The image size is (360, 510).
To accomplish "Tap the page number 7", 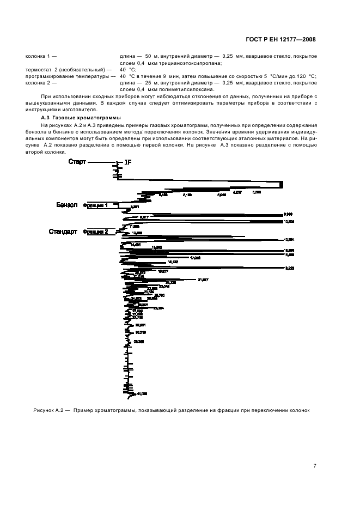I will (315, 465).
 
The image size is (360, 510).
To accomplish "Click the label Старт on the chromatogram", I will (77, 162).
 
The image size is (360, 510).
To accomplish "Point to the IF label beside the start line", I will (128, 162).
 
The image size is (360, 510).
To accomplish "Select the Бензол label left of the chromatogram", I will (68, 205).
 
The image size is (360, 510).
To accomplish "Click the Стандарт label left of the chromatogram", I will (64, 232).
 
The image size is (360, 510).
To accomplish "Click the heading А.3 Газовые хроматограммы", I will (81, 118).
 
